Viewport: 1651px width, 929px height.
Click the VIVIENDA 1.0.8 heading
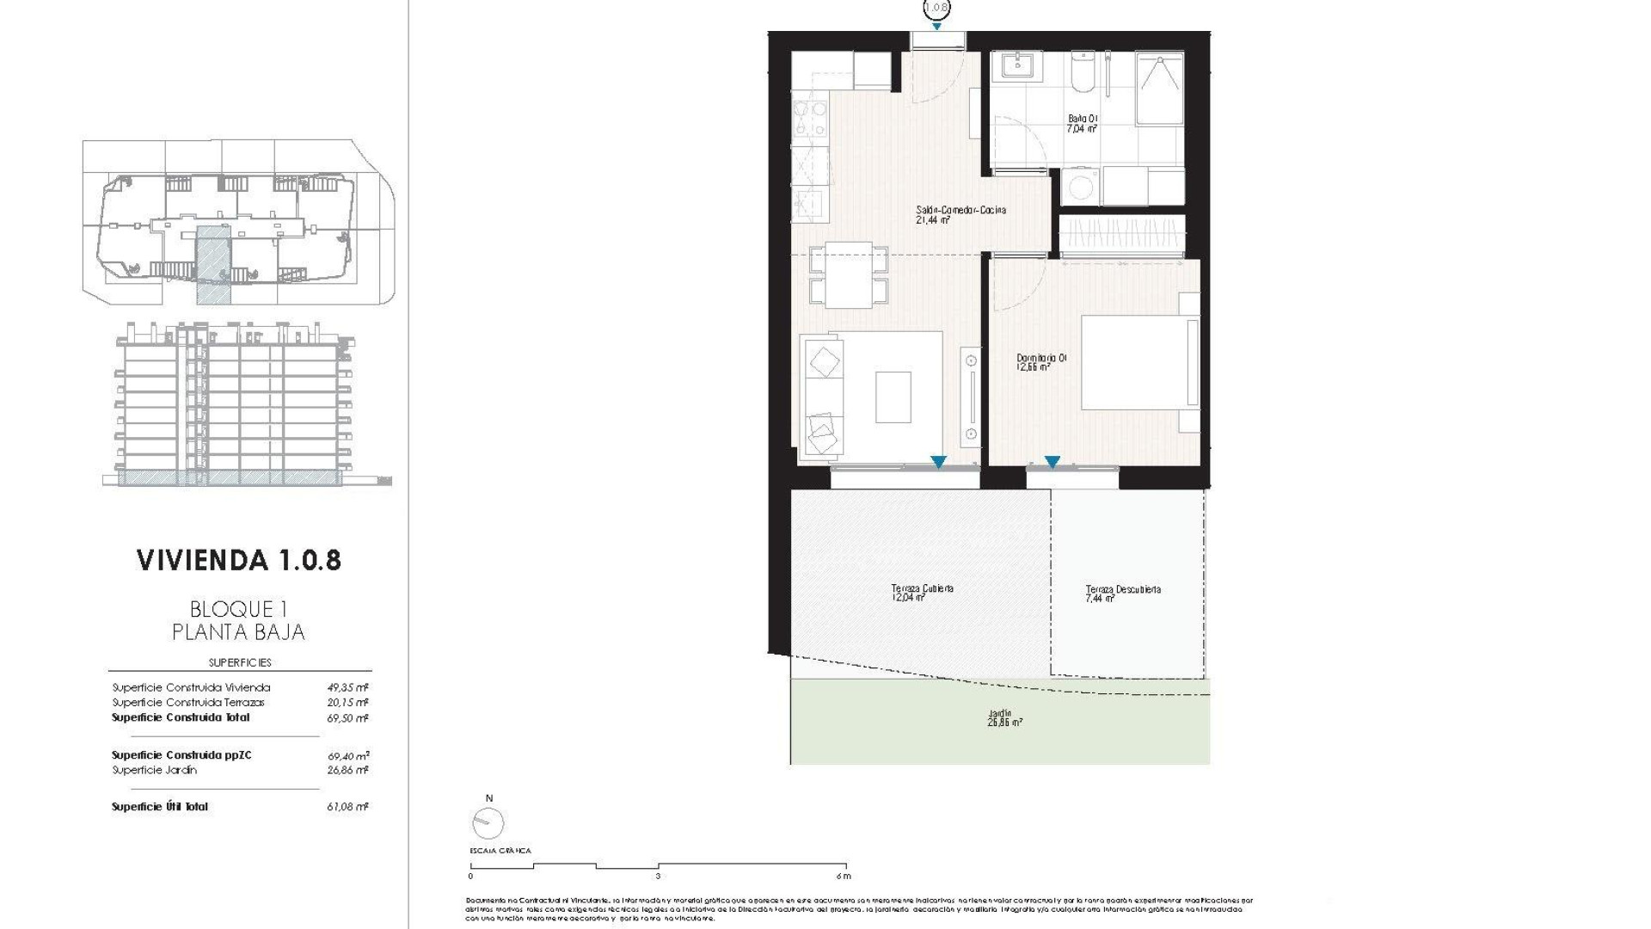pyautogui.click(x=239, y=560)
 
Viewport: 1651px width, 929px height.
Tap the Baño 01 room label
pyautogui.click(x=1083, y=123)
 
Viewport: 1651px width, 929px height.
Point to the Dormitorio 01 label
pyautogui.click(x=1041, y=361)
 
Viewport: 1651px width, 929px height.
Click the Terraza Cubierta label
pyautogui.click(x=922, y=592)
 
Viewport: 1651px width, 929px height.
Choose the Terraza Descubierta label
pyautogui.click(x=1122, y=593)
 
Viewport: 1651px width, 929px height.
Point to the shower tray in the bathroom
pyautogui.click(x=1159, y=108)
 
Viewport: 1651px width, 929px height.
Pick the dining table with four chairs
pyautogui.click(x=849, y=275)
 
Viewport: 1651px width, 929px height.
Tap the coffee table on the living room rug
pyautogui.click(x=893, y=397)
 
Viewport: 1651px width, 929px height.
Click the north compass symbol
pyautogui.click(x=488, y=823)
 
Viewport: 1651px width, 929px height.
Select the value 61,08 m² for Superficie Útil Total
pyautogui.click(x=347, y=807)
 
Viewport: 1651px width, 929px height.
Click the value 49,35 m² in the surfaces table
pyautogui.click(x=347, y=687)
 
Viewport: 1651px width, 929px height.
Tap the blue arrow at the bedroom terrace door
pyautogui.click(x=1052, y=462)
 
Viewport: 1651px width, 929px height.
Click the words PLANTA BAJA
pyautogui.click(x=238, y=632)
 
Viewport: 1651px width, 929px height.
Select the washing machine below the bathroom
pyautogui.click(x=1078, y=186)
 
